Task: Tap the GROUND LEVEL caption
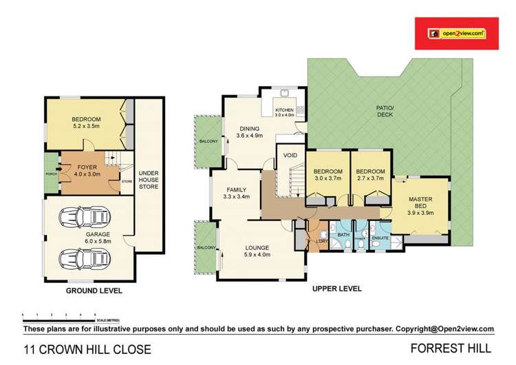[x=94, y=291]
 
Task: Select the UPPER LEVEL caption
[x=336, y=289]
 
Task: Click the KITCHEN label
[x=285, y=112]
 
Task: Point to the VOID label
[x=290, y=156]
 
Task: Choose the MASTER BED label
[x=420, y=203]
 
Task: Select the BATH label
[x=342, y=236]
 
